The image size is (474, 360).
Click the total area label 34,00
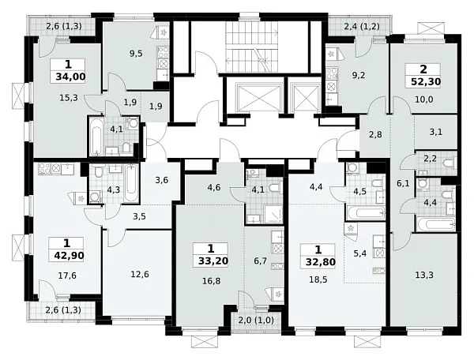point(70,77)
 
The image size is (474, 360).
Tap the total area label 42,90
point(69,256)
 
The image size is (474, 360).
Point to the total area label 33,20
point(213,261)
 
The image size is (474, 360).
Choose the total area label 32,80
point(321,261)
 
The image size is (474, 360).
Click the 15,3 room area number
point(70,98)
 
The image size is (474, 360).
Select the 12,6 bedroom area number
point(140,275)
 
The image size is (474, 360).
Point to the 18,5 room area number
point(318,279)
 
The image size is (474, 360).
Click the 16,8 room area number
point(212,281)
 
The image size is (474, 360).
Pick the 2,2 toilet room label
point(431,158)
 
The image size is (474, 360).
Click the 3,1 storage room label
point(436,132)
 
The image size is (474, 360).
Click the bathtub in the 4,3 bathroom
point(131,183)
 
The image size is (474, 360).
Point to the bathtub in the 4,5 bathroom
point(366,213)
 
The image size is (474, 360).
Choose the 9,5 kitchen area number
point(136,54)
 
